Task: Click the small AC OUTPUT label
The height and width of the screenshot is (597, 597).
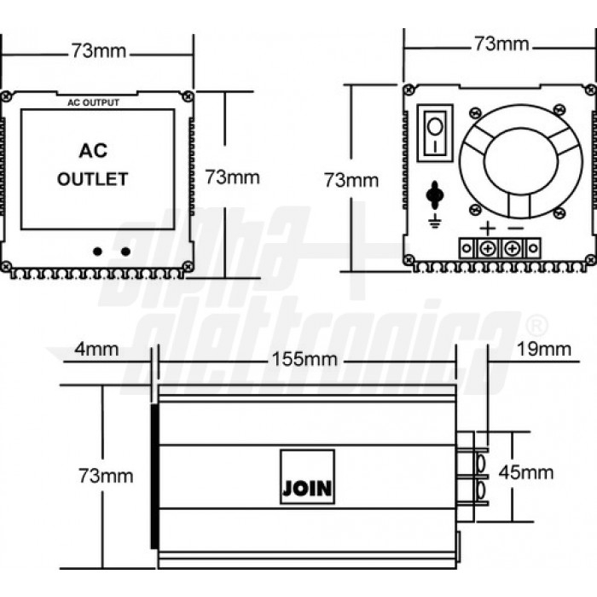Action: tap(94, 103)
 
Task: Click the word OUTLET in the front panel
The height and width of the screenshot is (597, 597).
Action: tap(93, 179)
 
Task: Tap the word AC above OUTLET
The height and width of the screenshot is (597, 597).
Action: tap(93, 151)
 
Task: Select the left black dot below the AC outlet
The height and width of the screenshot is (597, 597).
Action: tap(98, 251)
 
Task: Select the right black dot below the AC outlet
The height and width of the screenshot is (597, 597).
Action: tap(125, 251)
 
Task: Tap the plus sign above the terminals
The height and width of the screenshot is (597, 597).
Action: tap(486, 228)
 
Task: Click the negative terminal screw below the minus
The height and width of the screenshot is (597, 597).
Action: tap(513, 248)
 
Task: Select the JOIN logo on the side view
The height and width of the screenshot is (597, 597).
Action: tap(307, 476)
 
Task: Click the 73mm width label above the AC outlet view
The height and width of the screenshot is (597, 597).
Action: tap(98, 51)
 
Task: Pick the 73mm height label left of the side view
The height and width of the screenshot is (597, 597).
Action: tap(105, 475)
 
